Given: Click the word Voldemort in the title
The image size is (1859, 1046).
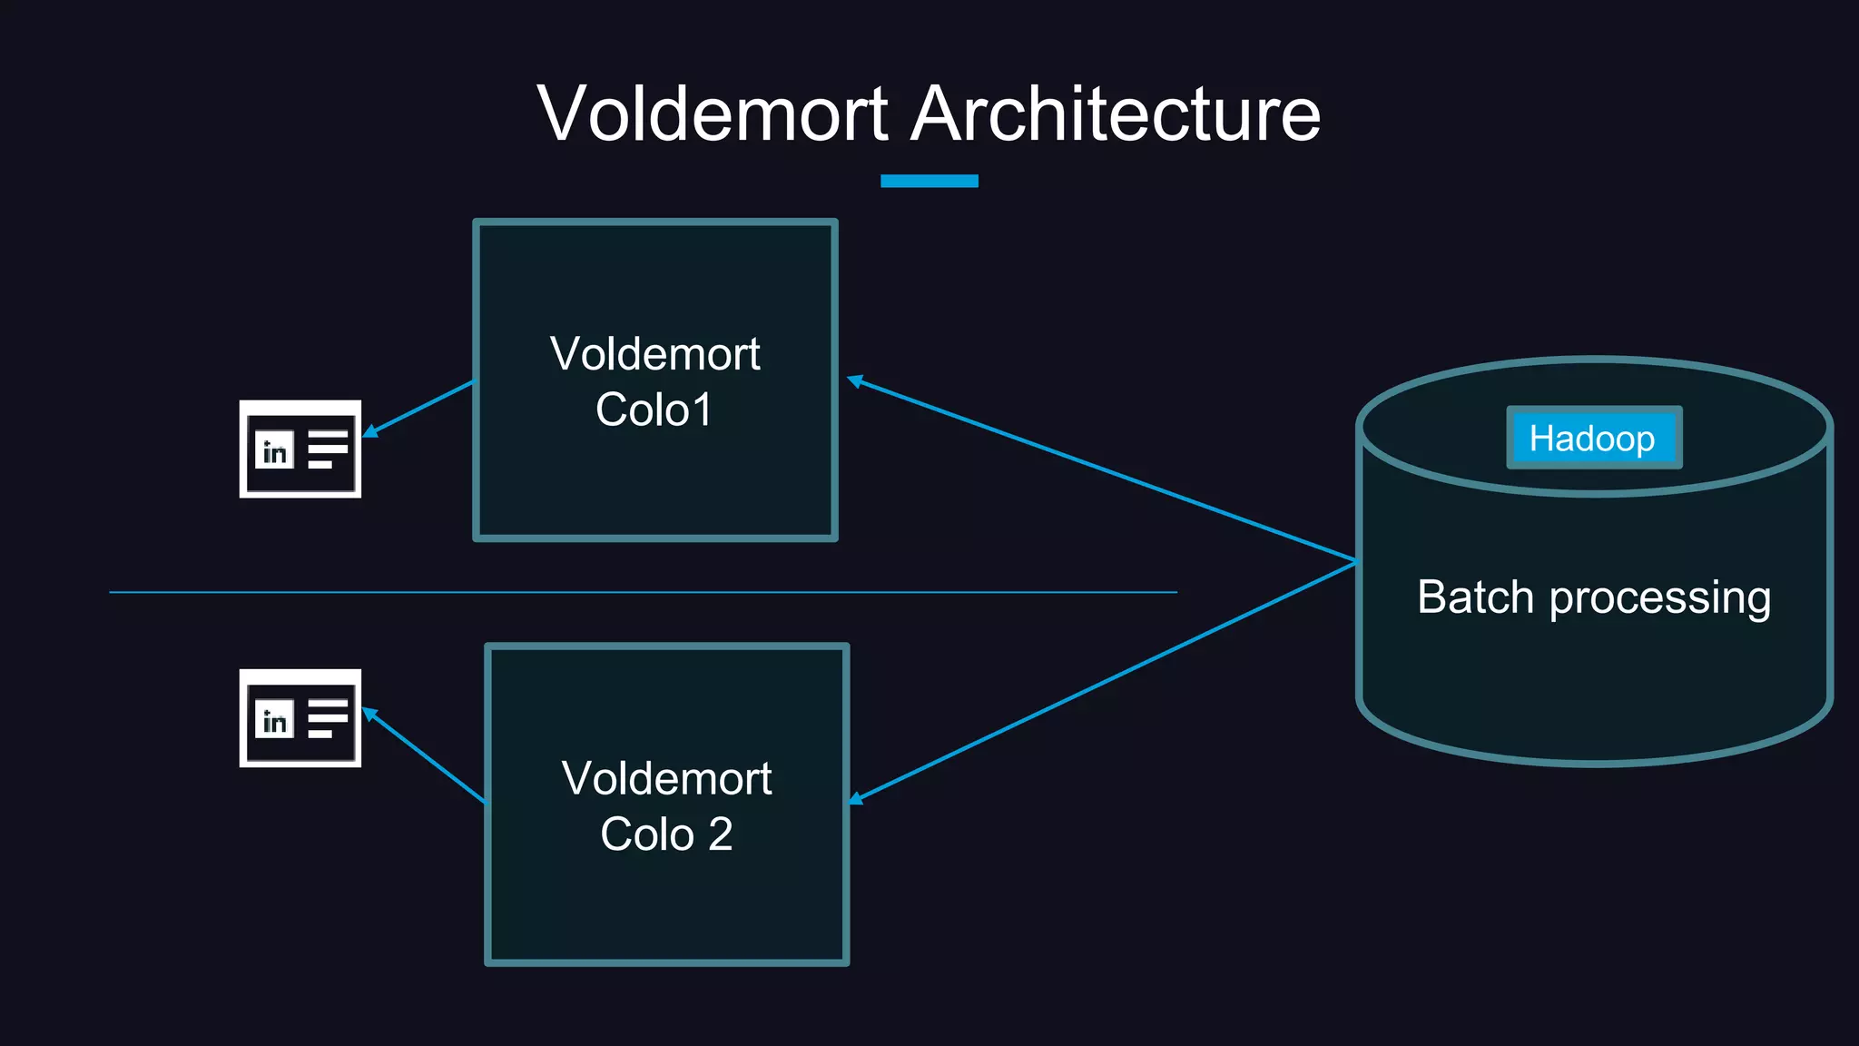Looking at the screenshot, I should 713,114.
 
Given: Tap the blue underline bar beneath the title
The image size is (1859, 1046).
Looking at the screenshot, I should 929,181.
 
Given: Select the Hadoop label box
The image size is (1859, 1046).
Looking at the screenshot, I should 1593,438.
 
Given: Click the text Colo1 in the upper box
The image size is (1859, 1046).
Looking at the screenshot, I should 654,410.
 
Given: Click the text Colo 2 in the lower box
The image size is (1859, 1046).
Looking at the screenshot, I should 665,834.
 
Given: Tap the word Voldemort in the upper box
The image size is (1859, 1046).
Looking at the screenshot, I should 654,354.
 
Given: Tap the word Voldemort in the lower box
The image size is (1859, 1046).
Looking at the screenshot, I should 666,779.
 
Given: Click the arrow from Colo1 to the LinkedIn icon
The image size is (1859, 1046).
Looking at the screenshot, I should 419,409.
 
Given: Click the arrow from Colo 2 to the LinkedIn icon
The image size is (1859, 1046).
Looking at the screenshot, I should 424,755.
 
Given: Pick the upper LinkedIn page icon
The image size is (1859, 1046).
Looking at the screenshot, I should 300,449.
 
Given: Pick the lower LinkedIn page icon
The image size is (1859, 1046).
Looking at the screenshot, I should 300,718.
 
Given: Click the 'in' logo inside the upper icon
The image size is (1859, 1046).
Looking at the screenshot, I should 274,450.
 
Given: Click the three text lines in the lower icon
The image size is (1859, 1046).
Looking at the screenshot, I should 327,718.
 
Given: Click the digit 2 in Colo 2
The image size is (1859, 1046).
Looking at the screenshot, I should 720,834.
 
